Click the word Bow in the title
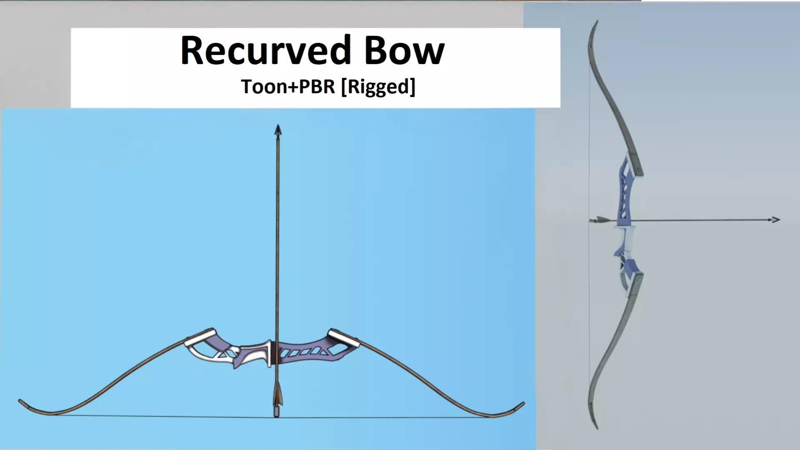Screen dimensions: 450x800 click(x=404, y=50)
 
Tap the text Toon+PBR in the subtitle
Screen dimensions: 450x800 click(x=287, y=87)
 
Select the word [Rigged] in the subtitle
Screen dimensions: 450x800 click(x=378, y=87)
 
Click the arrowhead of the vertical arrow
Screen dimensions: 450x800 click(x=278, y=130)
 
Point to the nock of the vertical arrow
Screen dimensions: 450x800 click(x=276, y=412)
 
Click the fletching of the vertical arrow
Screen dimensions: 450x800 click(x=277, y=394)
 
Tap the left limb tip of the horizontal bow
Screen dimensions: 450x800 click(x=21, y=402)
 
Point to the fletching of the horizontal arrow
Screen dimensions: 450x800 click(x=600, y=220)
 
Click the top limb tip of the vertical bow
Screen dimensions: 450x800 click(x=596, y=23)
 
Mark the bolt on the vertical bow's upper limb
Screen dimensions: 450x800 click(x=639, y=170)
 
